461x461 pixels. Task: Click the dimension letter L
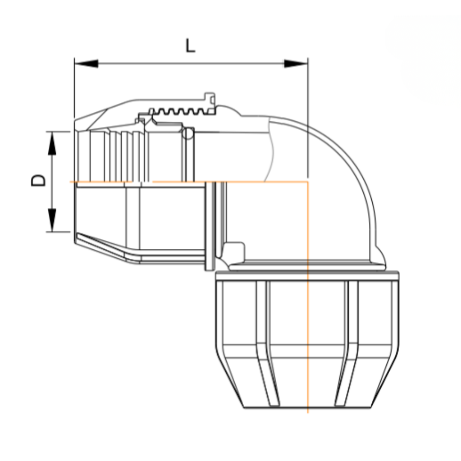tap(190, 46)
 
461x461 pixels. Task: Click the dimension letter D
tap(38, 181)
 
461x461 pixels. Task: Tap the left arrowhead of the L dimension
tap(86, 64)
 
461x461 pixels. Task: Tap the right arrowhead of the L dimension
tap(296, 64)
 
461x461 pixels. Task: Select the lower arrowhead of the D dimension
tap(52, 220)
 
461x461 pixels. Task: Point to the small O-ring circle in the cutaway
tap(187, 134)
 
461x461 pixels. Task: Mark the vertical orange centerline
tap(308, 297)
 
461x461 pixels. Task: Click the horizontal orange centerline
tap(189, 182)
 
